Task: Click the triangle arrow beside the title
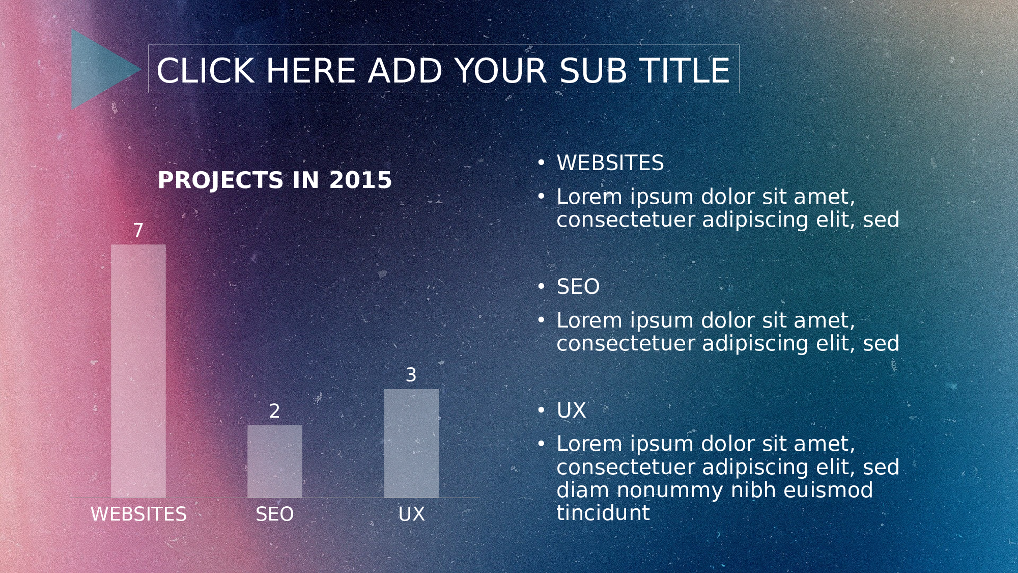pos(99,69)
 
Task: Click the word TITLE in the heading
pos(685,70)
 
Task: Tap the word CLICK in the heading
pos(205,70)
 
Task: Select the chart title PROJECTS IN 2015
pos(275,180)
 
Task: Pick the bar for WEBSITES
pos(138,371)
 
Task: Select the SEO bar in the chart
pos(275,461)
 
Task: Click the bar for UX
pos(411,443)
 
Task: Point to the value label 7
pos(138,230)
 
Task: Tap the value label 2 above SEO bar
pos(275,411)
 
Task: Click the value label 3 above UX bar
pos(411,375)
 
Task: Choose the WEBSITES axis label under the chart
pos(138,514)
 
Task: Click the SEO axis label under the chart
pos(275,514)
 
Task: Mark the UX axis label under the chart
pos(411,514)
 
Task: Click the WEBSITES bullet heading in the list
pos(610,163)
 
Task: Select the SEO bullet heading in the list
pos(578,287)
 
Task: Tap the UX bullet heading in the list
pos(571,411)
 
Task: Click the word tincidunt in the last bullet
pos(603,513)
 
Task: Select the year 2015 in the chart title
pos(360,180)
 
